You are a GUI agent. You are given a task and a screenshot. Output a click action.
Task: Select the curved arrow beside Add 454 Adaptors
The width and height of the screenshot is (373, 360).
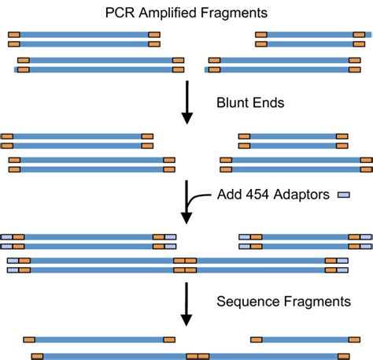tap(189, 203)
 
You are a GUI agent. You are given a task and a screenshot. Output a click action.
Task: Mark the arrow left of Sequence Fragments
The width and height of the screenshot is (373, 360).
tap(187, 303)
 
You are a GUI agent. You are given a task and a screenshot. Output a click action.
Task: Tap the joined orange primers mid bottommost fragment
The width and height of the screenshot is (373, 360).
tap(198, 356)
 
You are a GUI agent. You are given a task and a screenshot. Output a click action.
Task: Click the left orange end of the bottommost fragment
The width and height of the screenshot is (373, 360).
tap(37, 356)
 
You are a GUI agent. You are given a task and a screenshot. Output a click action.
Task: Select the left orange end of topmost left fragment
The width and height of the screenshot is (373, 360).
tap(14, 35)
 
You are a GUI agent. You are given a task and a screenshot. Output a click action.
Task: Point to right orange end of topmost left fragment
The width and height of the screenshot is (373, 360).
tap(154, 35)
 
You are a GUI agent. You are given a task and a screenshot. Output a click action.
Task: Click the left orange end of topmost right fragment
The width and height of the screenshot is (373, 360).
tap(260, 35)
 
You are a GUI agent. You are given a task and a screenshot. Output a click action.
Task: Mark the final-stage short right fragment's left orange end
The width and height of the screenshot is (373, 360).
tap(257, 340)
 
